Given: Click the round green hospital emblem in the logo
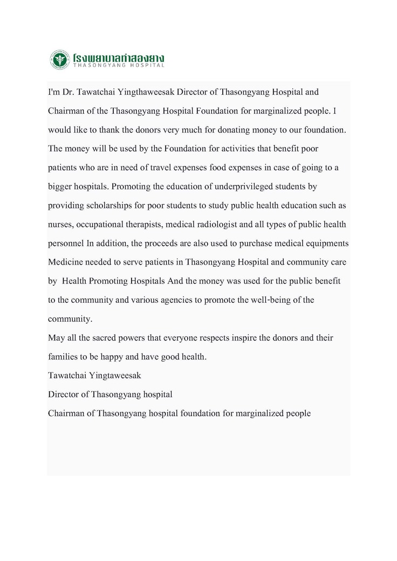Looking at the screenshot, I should (59, 59).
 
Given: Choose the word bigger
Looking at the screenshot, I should (61, 186).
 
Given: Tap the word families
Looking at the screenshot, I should (63, 357).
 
